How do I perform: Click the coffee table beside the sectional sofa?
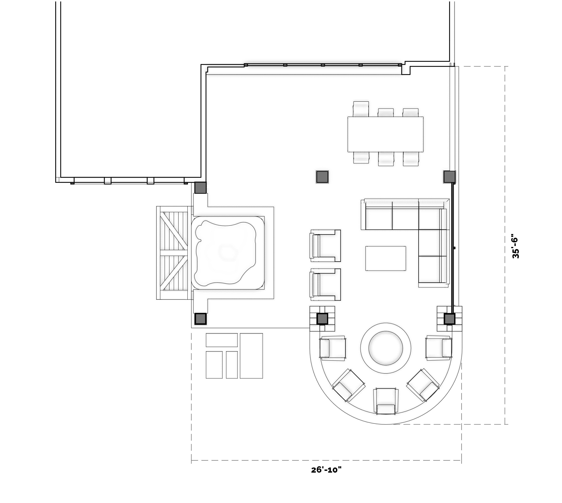click(x=386, y=258)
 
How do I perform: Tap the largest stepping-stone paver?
click(x=251, y=356)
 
